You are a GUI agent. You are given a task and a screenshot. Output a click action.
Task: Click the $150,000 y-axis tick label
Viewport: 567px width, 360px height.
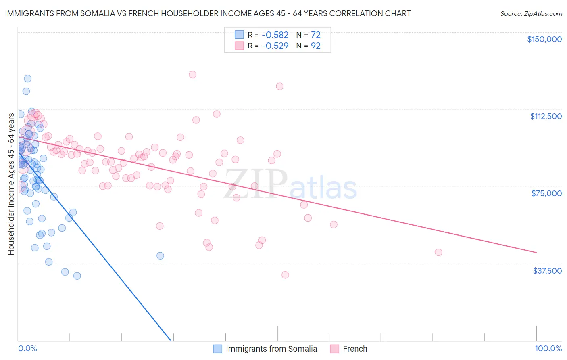544,39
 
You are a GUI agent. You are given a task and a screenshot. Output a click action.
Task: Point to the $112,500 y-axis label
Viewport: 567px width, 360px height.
546,116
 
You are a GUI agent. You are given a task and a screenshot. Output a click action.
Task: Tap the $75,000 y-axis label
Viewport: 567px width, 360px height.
546,193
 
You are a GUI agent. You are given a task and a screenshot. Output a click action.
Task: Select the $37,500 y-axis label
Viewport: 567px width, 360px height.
547,271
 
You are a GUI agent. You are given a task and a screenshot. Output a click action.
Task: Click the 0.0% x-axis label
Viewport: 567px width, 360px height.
27,348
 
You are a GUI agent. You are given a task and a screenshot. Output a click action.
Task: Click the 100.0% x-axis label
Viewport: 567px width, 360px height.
548,348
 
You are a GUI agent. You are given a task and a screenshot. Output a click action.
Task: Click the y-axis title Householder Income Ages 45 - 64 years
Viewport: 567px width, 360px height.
11,184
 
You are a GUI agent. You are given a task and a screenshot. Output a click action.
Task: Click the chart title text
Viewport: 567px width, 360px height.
208,13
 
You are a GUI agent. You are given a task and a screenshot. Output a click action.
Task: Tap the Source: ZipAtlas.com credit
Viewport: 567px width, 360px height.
531,13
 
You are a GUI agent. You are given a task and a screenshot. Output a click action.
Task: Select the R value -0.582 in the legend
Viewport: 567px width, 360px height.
275,35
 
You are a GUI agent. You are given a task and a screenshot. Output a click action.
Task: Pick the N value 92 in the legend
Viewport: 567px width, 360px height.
315,46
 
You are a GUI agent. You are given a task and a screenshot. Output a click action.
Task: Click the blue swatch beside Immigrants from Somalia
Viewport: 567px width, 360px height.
218,349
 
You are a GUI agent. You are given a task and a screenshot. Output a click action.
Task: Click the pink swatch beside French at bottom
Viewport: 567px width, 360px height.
334,349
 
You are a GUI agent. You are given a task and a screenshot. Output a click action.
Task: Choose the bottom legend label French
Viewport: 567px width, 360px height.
355,349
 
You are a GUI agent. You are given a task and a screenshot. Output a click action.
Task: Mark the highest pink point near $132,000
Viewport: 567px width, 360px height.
192,75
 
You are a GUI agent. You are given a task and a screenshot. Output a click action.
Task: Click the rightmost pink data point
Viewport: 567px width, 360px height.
438,252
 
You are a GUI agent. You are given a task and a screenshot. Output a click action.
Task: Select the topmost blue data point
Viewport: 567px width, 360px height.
28,79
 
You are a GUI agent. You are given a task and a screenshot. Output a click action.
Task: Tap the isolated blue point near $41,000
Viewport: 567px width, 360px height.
160,255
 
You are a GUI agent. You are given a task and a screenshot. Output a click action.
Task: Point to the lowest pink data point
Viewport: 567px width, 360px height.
285,275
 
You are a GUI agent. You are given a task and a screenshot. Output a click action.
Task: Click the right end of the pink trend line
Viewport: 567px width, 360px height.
536,252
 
